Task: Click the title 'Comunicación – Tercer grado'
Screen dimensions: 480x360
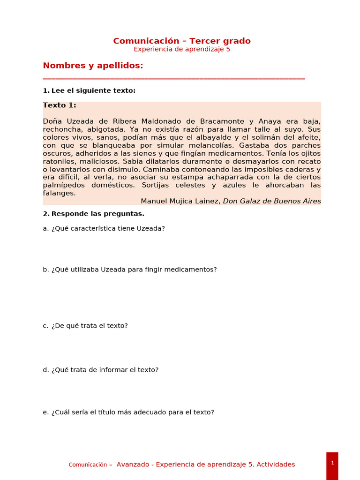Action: pyautogui.click(x=182, y=41)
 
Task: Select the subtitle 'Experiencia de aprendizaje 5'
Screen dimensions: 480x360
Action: pyautogui.click(x=182, y=49)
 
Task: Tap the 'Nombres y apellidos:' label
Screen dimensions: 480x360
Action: pyautogui.click(x=93, y=66)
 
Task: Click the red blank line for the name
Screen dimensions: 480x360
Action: pyautogui.click(x=174, y=79)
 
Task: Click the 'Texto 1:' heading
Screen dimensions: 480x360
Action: pyautogui.click(x=60, y=105)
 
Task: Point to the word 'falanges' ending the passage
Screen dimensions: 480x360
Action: pyautogui.click(x=58, y=193)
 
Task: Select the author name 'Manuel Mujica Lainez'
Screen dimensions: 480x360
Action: pyautogui.click(x=180, y=201)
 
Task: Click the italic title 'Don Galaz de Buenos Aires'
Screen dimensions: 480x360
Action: pyautogui.click(x=272, y=201)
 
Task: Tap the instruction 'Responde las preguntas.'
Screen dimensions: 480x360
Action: pyautogui.click(x=97, y=214)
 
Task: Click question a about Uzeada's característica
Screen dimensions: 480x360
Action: pyautogui.click(x=104, y=228)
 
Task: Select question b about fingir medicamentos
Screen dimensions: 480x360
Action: pyautogui.click(x=130, y=270)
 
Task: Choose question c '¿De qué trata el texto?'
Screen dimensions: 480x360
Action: pyautogui.click(x=85, y=325)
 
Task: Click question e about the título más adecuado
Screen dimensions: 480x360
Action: pyautogui.click(x=128, y=412)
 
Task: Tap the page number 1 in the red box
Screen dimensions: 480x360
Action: pyautogui.click(x=332, y=463)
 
